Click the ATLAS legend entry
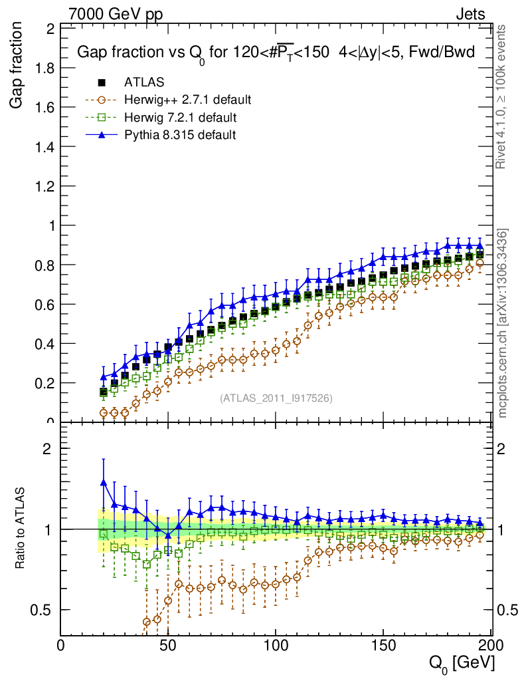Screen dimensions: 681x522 pyautogui.click(x=139, y=82)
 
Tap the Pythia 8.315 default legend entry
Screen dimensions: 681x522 pyautogui.click(x=180, y=135)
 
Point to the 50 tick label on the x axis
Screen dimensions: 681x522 pyautogui.click(x=169, y=646)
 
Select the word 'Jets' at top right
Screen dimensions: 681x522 pyautogui.click(x=470, y=14)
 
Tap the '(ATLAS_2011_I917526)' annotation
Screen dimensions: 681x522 pyautogui.click(x=276, y=398)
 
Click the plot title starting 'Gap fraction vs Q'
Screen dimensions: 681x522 pyautogui.click(x=276, y=53)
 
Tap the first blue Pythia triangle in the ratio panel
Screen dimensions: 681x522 pyautogui.click(x=103, y=482)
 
